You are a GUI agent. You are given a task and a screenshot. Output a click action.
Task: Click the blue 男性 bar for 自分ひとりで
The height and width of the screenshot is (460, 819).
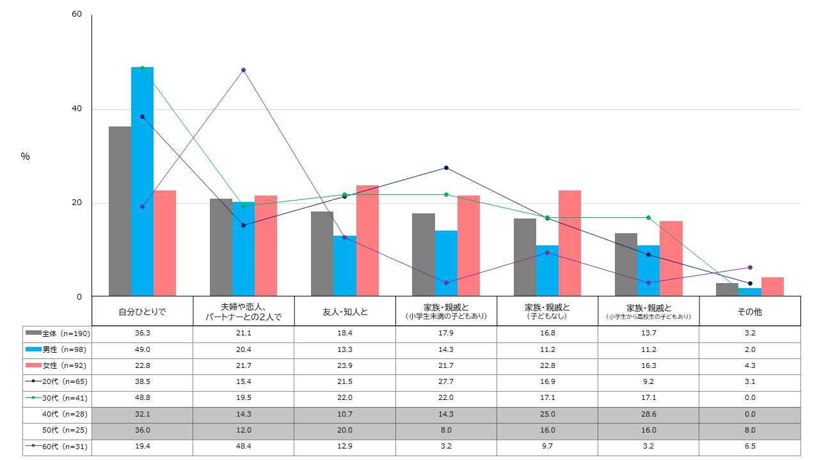(x=142, y=181)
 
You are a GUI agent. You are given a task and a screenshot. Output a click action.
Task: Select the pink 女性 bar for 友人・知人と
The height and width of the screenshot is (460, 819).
(x=367, y=240)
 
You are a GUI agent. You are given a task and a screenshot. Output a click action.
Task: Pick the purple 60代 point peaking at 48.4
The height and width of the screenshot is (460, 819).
(x=243, y=70)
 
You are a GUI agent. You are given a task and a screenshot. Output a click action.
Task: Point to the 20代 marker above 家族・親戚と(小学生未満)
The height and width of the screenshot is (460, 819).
(x=446, y=167)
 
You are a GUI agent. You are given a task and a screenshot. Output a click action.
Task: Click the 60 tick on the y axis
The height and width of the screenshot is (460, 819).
(x=77, y=15)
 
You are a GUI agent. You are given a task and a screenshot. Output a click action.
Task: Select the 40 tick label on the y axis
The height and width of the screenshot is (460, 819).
(x=77, y=109)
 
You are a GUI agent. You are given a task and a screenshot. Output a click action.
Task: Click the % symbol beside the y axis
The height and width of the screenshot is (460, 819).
(x=25, y=157)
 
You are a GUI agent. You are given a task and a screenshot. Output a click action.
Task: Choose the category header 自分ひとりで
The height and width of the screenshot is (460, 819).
(x=142, y=312)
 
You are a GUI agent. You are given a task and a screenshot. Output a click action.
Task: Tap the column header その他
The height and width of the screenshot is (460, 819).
(x=749, y=312)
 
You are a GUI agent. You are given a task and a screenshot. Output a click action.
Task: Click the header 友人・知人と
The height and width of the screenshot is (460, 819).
(x=345, y=312)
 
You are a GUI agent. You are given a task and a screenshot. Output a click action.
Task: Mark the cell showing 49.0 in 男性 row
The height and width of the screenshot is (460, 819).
(x=142, y=349)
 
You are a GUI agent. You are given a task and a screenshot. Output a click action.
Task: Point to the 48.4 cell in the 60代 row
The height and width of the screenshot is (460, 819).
(x=243, y=446)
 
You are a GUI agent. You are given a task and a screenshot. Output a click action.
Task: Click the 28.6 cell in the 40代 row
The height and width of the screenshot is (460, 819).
(x=648, y=414)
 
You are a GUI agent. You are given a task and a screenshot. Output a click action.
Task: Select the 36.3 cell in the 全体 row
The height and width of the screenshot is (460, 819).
(x=142, y=333)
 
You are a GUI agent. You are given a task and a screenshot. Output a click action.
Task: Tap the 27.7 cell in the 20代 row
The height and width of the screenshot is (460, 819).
(x=446, y=381)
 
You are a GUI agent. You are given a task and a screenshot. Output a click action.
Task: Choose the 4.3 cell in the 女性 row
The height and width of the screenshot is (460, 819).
(x=749, y=365)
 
